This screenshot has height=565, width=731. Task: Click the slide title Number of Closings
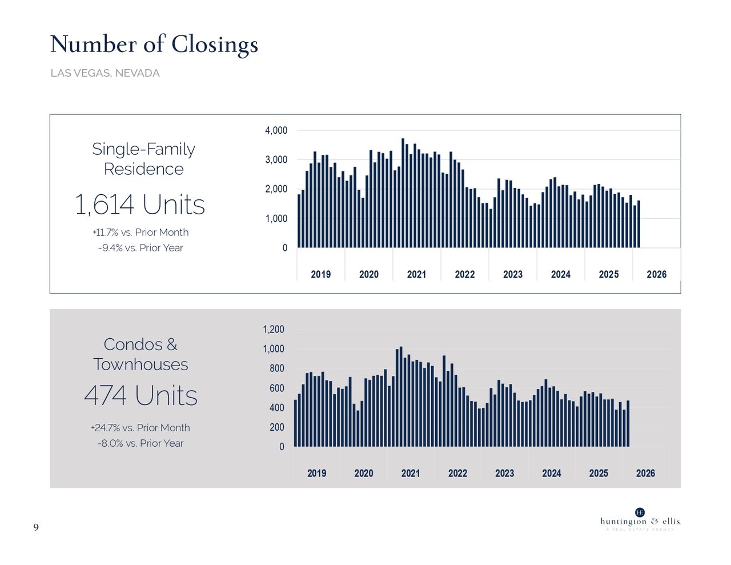pyautogui.click(x=154, y=45)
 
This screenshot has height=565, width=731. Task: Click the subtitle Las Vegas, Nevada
pyautogui.click(x=105, y=73)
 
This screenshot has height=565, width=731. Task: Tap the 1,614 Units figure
pyautogui.click(x=140, y=205)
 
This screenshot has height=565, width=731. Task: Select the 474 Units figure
pyautogui.click(x=140, y=395)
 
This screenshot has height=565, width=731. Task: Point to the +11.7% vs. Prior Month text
pyautogui.click(x=140, y=233)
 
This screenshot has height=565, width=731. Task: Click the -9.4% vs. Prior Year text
pyautogui.click(x=140, y=248)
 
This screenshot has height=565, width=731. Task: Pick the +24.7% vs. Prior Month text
pyautogui.click(x=140, y=428)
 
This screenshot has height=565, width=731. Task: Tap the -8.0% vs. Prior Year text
pyautogui.click(x=140, y=443)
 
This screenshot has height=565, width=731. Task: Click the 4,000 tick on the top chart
pyautogui.click(x=276, y=131)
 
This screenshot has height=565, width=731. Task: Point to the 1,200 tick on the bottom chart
pyautogui.click(x=273, y=330)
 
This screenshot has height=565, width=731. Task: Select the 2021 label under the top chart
pyautogui.click(x=416, y=275)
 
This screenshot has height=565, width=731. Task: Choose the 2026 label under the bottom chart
pyautogui.click(x=645, y=474)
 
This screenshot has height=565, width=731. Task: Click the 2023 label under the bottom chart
pyautogui.click(x=504, y=474)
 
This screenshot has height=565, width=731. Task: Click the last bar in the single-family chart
pyautogui.click(x=638, y=224)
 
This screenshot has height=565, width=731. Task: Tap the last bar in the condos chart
pyautogui.click(x=628, y=423)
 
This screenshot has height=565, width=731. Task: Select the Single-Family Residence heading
pyautogui.click(x=143, y=159)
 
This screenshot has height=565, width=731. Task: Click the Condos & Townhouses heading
pyautogui.click(x=140, y=354)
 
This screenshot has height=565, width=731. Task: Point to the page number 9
pyautogui.click(x=36, y=527)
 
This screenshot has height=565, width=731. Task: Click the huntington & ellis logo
pyautogui.click(x=640, y=520)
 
